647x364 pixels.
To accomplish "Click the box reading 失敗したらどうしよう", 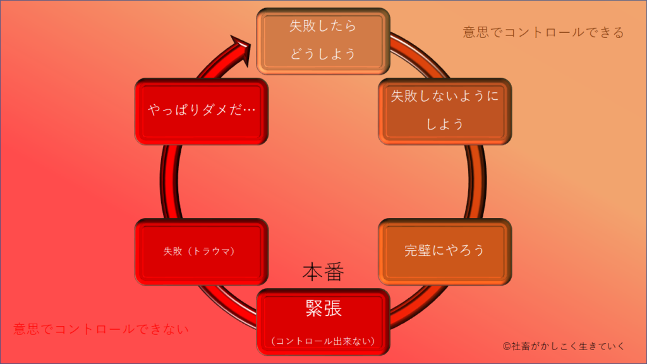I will tap(323, 40).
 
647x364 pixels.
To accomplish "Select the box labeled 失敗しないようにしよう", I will tap(445, 111).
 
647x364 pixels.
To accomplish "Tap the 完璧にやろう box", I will tap(445, 251).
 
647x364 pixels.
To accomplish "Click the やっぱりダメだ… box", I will tap(202, 111).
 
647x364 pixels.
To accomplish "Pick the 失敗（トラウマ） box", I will tap(201, 251).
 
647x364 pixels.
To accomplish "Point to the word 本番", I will tap(323, 272).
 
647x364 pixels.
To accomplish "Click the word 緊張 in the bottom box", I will tap(323, 308).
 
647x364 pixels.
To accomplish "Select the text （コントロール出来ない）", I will tap(323, 341).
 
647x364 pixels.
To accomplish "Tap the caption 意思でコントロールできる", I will tap(543, 32).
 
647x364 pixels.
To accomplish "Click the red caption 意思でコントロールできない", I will tap(101, 329).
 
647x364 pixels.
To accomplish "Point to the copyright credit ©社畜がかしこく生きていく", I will tap(564, 346).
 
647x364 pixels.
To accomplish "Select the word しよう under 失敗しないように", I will tap(445, 124).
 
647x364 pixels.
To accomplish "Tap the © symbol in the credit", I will tap(507, 346).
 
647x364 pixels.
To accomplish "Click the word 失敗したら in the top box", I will tap(323, 27).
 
